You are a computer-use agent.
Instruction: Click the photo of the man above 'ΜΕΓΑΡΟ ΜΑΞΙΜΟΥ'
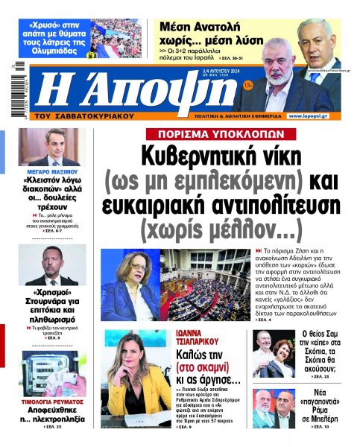(53, 147)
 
